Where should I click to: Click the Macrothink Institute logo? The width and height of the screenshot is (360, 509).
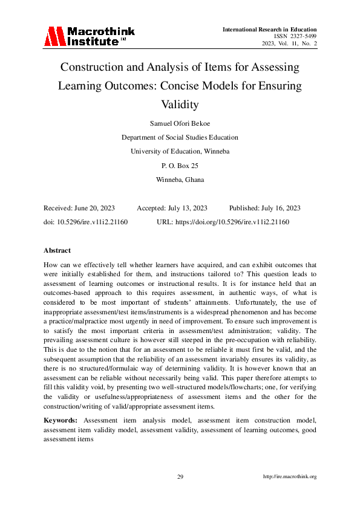89,36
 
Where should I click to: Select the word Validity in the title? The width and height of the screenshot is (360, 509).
180,105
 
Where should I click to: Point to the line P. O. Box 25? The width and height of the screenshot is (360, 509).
180,165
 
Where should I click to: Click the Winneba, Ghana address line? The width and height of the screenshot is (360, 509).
180,180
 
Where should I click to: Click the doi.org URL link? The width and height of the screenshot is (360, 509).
232,222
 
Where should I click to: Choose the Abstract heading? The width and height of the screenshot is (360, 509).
57,250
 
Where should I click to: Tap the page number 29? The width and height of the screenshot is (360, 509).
180,477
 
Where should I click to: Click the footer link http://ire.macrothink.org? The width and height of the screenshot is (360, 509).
290,477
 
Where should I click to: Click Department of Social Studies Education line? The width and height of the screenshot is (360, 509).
180,137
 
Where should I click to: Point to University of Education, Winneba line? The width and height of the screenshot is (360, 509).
180,151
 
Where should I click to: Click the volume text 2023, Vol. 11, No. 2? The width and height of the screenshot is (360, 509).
289,44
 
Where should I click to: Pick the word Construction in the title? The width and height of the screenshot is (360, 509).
98,66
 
